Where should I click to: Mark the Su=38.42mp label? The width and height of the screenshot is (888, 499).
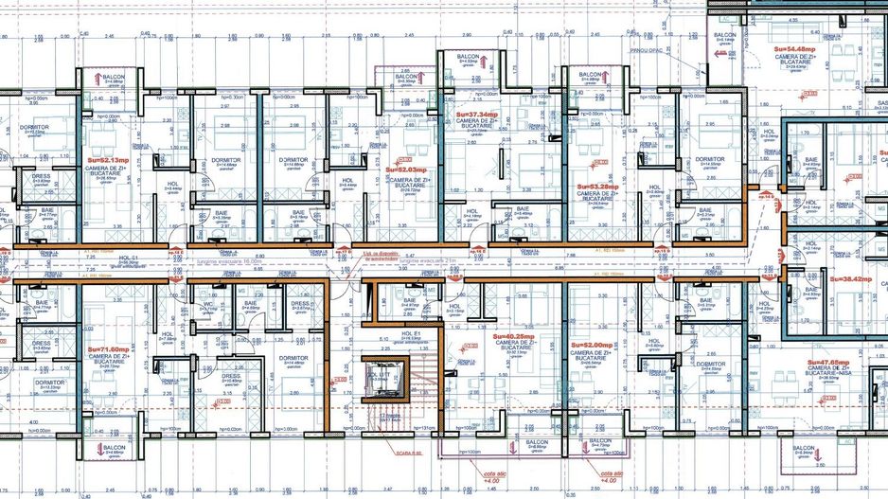click(849, 279)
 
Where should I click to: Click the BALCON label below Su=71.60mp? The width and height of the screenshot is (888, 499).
click(115, 448)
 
